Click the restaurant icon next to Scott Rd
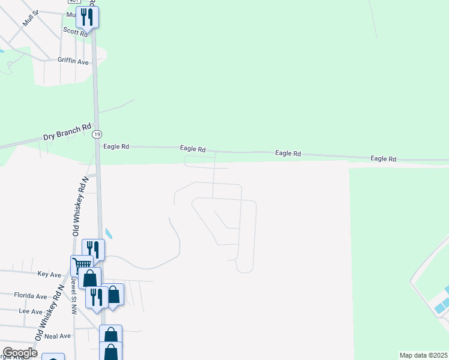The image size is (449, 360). coord(88,17)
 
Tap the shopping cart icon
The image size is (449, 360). coord(82,266)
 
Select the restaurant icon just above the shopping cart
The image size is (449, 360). coord(93,249)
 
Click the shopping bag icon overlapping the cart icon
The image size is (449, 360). coord(90,278)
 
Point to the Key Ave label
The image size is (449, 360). coord(49,274)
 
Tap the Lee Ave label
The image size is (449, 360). coord(31,312)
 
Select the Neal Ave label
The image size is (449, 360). coord(57,336)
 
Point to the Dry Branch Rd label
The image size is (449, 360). coord(67,132)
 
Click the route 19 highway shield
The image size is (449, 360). coord(97,135)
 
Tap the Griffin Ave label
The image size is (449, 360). coord(73,61)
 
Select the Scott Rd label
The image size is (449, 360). coord(75,32)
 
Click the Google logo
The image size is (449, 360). coord(19,352)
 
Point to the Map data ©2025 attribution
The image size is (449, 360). coord(424,355)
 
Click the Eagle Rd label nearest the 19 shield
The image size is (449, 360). coord(116,146)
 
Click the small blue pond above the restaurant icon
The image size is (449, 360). coord(108,233)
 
